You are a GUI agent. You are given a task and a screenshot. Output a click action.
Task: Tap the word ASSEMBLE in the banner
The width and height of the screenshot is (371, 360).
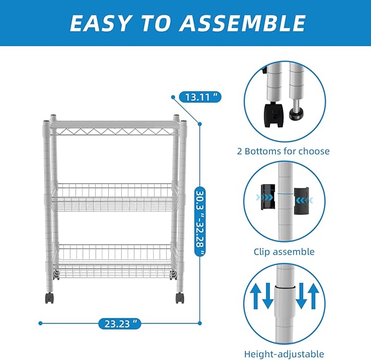pyautogui.click(x=242, y=23)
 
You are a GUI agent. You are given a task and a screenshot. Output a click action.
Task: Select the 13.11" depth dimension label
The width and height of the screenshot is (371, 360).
pyautogui.click(x=200, y=97)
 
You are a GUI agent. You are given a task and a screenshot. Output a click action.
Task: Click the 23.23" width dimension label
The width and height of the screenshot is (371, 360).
pyautogui.click(x=120, y=323)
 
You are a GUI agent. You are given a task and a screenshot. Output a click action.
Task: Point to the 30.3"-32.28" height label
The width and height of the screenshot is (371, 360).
pyautogui.click(x=200, y=221)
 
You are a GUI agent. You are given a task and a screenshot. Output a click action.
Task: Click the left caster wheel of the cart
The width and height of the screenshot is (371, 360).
pyautogui.click(x=49, y=298)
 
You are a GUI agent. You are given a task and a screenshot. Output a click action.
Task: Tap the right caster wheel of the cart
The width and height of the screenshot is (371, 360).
pyautogui.click(x=180, y=298)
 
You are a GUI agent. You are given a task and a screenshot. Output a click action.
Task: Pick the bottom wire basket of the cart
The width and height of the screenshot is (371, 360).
pyautogui.click(x=115, y=261)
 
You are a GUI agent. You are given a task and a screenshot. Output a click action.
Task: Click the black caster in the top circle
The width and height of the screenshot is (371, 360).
pyautogui.click(x=274, y=114)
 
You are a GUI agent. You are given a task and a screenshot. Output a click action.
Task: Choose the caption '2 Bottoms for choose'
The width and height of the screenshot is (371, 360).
pyautogui.click(x=283, y=151)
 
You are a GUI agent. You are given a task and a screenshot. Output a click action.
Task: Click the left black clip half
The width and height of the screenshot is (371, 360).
pyautogui.click(x=268, y=197)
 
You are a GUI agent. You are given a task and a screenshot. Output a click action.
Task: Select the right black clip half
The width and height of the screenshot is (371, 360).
pyautogui.click(x=302, y=200)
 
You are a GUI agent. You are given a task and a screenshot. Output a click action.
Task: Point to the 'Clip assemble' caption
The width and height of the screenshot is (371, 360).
pyautogui.click(x=284, y=252)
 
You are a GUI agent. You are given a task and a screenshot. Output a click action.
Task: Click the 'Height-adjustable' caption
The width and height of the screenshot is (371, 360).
pyautogui.click(x=284, y=354)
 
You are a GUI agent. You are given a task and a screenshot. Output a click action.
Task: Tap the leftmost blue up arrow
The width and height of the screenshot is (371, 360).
pyautogui.click(x=255, y=297)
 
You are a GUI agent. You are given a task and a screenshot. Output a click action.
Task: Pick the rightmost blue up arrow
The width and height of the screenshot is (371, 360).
pyautogui.click(x=314, y=297)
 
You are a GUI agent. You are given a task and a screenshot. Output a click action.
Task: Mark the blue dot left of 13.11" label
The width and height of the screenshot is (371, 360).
pyautogui.click(x=173, y=97)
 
